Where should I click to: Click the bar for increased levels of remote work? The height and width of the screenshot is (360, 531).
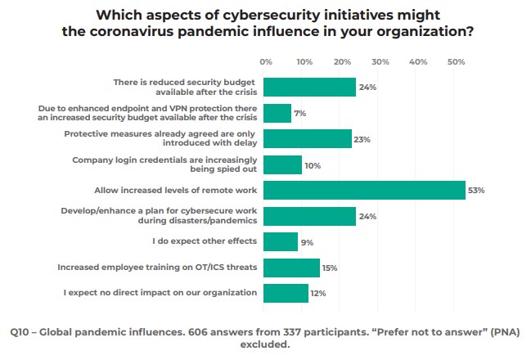[364, 191]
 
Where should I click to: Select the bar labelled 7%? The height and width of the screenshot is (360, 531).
[277, 113]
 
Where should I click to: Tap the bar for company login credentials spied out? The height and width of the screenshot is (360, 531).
[283, 164]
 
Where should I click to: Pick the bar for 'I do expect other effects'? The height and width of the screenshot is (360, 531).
[281, 241]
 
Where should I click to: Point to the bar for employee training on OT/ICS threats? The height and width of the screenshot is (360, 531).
[292, 268]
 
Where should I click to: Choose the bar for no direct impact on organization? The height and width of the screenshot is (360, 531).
[286, 293]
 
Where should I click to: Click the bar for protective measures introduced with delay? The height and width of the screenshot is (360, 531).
[308, 139]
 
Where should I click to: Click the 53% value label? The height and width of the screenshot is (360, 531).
[476, 191]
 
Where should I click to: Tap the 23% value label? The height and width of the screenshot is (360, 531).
[362, 139]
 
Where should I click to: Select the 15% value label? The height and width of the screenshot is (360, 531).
[331, 268]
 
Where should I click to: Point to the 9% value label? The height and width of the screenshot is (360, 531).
[308, 241]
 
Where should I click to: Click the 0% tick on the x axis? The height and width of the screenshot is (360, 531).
[266, 61]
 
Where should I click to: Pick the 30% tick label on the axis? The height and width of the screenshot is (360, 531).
[380, 61]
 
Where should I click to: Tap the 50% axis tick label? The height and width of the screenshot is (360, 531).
[457, 61]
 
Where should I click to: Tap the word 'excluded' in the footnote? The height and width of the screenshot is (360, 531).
[264, 344]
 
